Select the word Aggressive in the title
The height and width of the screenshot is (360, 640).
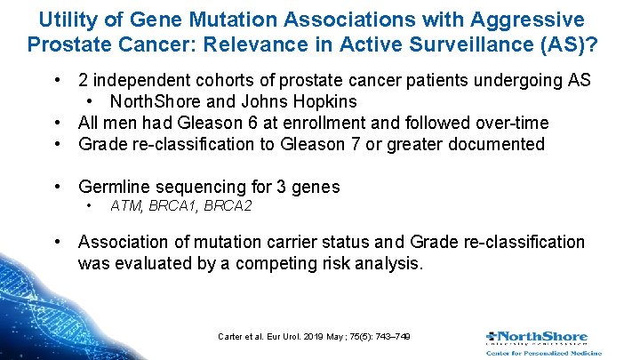(534, 19)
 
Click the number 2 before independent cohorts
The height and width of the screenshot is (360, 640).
(84, 81)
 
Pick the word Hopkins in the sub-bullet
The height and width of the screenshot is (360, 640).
(326, 101)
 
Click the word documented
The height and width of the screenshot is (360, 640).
(500, 144)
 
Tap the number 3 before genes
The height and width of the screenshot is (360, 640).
(284, 187)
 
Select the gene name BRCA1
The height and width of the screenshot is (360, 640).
(174, 207)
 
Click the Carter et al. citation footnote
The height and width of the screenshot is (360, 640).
(314, 336)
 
